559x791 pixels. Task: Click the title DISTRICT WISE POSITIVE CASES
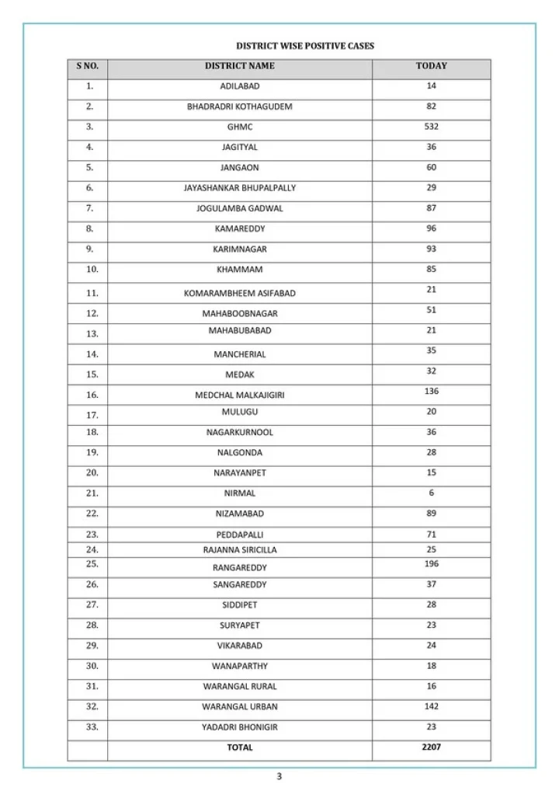[x=305, y=46]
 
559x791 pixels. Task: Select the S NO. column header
[x=88, y=66]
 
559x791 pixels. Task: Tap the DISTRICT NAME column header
[x=239, y=66]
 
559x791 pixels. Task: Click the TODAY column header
[x=431, y=66]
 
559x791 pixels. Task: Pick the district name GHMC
[x=239, y=127]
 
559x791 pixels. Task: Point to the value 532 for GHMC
[x=431, y=126]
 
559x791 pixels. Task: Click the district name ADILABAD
[x=239, y=86]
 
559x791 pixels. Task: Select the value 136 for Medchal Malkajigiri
[x=431, y=391]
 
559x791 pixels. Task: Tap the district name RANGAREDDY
[x=239, y=567]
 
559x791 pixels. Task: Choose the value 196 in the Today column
[x=431, y=563]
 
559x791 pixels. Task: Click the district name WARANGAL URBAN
[x=239, y=707]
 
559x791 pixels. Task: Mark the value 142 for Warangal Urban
[x=431, y=706]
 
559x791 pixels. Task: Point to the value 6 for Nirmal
[x=431, y=493]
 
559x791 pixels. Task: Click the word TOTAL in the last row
[x=239, y=747]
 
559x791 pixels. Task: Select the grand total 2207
[x=431, y=747]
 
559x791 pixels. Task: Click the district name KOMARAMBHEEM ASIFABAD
[x=239, y=293]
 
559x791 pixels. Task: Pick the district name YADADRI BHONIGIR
[x=239, y=727]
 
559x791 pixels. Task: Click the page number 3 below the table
[x=279, y=775]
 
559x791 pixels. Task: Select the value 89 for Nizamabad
[x=431, y=513]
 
